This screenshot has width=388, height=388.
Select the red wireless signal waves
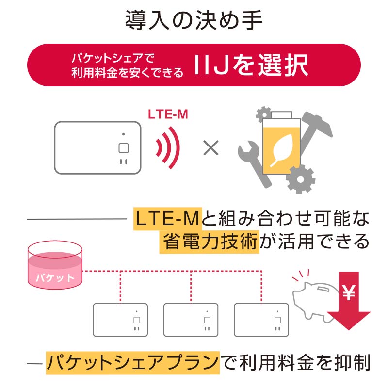tap(168, 148)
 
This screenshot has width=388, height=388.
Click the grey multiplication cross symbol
tap(210, 148)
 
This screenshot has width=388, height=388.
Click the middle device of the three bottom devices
tap(191, 320)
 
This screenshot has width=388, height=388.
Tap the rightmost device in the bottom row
tap(261, 320)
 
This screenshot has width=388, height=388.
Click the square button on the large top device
tap(123, 148)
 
